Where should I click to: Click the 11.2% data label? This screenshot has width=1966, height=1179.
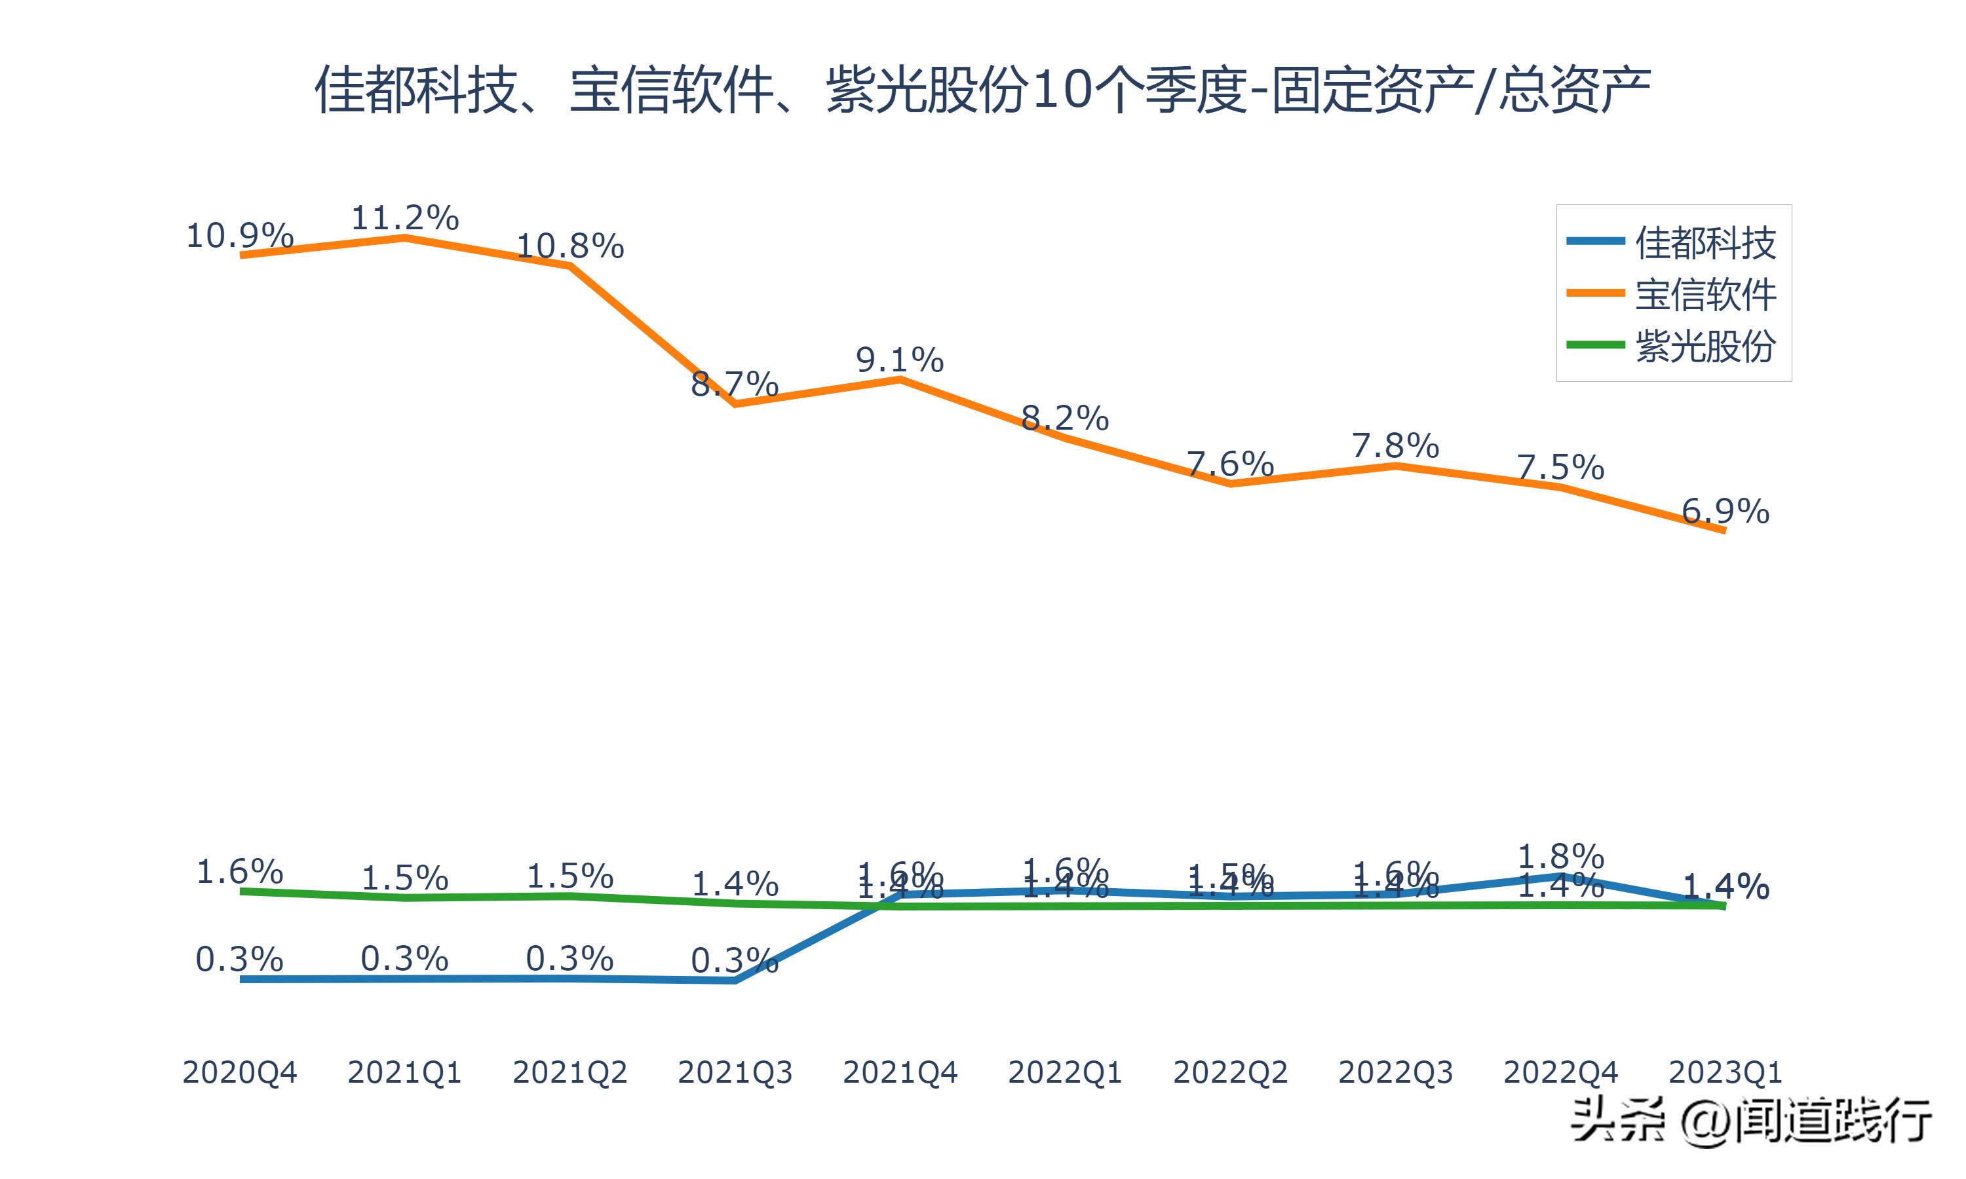point(404,217)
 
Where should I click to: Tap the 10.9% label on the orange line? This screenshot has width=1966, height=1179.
point(239,236)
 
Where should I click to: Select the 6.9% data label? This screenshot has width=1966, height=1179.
point(1725,511)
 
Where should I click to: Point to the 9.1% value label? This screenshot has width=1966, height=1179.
point(900,361)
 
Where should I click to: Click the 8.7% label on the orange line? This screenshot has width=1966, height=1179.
point(734,384)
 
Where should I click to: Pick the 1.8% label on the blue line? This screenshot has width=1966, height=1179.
point(1561,857)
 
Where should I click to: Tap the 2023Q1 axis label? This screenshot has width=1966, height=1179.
point(1725,1072)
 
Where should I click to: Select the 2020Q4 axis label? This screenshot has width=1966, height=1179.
point(239,1072)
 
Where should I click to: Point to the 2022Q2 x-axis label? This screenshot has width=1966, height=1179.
point(1230,1072)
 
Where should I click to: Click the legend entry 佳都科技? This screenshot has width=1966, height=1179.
point(1705,242)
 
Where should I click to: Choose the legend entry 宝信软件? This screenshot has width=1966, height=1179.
point(1705,295)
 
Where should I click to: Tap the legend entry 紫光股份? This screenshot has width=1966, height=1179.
point(1705,346)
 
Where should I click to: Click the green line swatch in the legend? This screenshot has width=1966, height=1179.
point(1595,345)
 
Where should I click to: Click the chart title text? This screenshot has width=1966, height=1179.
point(983,90)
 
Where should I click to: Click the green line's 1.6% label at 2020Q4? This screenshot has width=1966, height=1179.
point(239,872)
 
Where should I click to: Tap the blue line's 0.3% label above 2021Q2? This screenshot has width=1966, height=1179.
point(569,959)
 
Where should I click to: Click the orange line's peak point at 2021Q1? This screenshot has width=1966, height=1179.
point(404,236)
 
